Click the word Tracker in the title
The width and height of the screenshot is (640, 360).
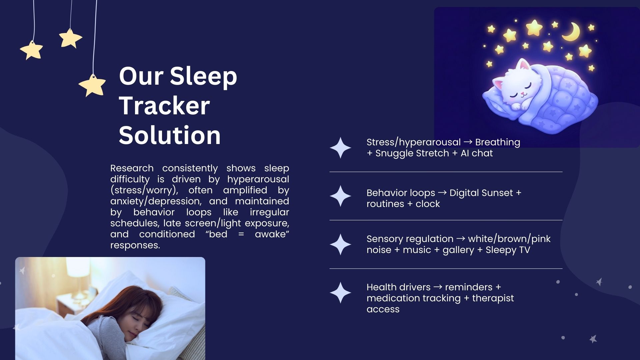coord(164,105)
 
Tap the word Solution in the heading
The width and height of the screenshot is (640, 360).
coord(170,135)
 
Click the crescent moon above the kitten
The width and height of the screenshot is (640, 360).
coord(571,32)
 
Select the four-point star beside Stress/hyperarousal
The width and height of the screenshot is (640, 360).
coord(340,148)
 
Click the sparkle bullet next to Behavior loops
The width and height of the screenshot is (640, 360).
coord(340,196)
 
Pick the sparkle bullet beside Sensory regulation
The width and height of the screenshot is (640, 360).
coord(340,244)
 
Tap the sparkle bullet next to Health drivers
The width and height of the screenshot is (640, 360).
coord(340,293)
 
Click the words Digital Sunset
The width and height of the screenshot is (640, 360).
coord(481,193)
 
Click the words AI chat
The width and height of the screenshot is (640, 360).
coord(477,153)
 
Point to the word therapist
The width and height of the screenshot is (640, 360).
coord(493,299)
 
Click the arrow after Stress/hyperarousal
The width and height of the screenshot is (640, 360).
coord(468,142)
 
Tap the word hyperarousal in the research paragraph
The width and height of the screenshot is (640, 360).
coord(258,180)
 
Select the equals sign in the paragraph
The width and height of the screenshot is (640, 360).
coord(241,234)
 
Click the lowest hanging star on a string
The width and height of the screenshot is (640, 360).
coord(92,85)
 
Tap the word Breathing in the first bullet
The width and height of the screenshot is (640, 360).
coord(498,143)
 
